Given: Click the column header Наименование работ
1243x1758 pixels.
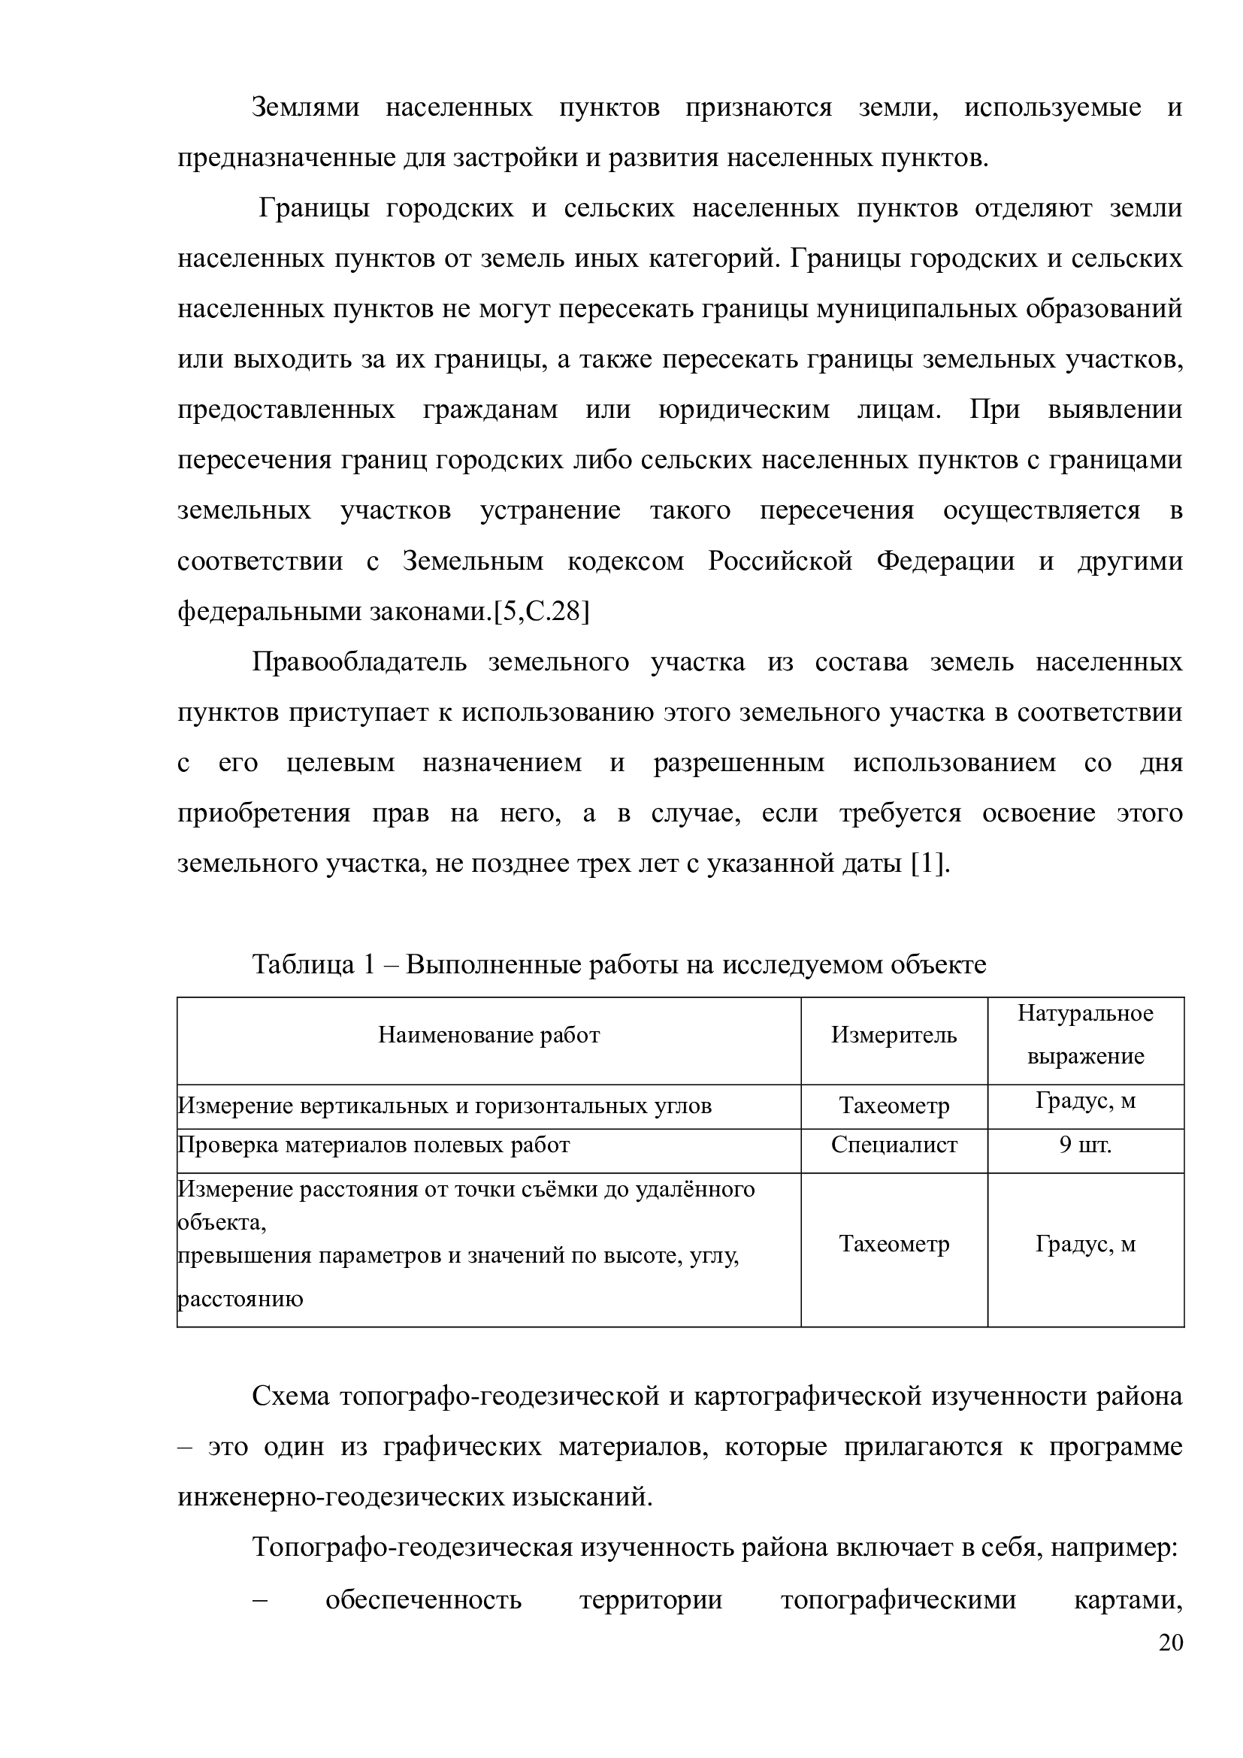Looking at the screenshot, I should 489,1036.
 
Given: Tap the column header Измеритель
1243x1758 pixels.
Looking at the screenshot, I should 894,1036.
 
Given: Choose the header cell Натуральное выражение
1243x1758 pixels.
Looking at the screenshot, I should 1085,1035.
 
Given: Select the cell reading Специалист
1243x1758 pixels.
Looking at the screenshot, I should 894,1145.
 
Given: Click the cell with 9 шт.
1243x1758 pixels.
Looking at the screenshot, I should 1085,1145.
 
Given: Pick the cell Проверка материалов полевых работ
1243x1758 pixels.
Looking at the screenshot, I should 374,1145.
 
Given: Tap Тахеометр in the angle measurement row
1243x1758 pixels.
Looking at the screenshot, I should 894,1106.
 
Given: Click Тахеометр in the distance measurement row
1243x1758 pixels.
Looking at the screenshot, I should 894,1244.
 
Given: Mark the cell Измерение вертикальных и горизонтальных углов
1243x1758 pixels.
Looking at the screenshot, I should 445,1106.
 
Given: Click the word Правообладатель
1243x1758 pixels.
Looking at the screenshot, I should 359,662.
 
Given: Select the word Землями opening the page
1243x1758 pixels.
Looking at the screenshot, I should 305,108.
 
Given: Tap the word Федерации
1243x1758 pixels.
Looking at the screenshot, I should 945,561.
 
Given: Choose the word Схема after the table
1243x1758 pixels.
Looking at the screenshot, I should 291,1396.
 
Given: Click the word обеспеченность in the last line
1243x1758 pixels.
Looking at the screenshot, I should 423,1600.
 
